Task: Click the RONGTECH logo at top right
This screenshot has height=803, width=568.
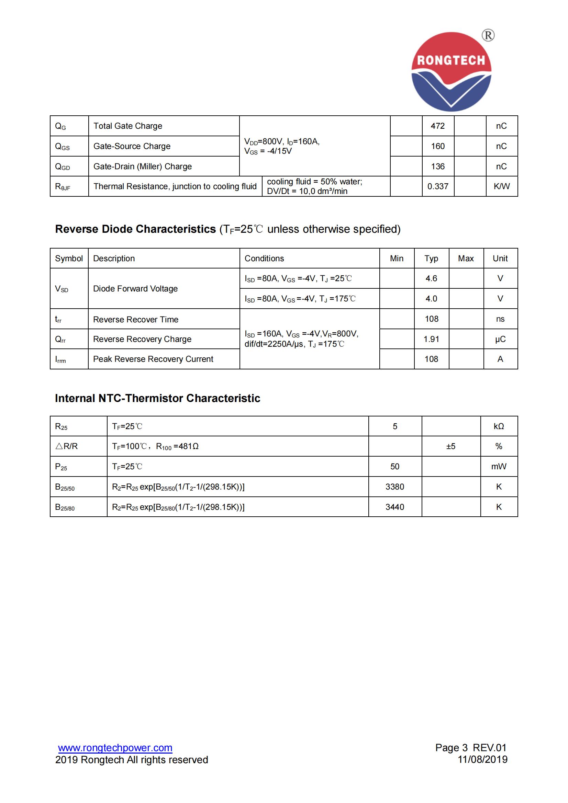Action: [x=451, y=72]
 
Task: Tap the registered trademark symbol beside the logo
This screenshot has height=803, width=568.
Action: [x=488, y=35]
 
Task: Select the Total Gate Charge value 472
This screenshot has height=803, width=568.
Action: [x=437, y=126]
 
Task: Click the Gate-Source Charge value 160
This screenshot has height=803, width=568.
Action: [x=437, y=146]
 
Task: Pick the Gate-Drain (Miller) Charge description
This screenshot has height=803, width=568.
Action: [x=143, y=167]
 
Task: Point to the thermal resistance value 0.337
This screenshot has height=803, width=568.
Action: [x=437, y=186]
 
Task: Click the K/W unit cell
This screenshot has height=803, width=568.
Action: [x=501, y=186]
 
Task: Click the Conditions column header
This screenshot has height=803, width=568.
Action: [x=264, y=259]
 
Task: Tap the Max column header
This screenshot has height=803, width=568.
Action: [x=466, y=259]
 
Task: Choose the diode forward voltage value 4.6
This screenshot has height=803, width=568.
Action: [x=431, y=278]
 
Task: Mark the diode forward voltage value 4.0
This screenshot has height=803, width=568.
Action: [x=431, y=299]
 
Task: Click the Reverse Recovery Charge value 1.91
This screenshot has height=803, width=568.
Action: [x=431, y=339]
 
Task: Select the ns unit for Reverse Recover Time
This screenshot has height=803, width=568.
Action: [x=500, y=319]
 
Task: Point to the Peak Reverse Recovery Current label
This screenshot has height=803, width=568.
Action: [x=153, y=359]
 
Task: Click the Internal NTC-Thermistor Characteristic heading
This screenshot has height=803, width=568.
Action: [x=157, y=398]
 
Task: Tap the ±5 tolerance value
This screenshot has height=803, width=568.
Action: [x=451, y=446]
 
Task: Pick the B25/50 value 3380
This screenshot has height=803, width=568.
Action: [x=395, y=487]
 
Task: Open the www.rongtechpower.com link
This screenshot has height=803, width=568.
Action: [x=115, y=748]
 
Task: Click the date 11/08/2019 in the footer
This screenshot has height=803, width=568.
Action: [x=482, y=759]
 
